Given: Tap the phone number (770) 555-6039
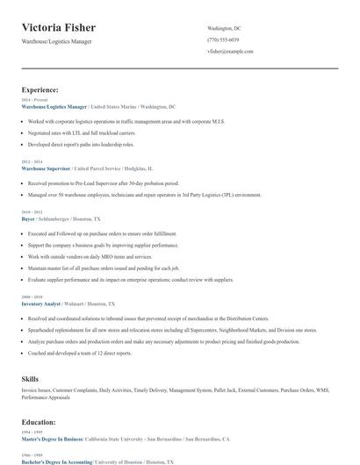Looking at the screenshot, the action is tap(223, 40).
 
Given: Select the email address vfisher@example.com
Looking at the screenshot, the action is tap(230, 52).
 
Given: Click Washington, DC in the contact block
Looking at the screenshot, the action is tap(224, 29).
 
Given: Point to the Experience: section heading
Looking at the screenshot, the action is tap(40, 89).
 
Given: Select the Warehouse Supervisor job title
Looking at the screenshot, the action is tap(47, 167).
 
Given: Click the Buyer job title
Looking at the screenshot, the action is tap(28, 218).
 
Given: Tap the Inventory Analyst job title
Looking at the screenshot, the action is tap(40, 303).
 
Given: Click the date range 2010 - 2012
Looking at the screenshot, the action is tap(31, 212).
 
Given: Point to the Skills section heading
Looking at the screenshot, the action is tap(30, 377).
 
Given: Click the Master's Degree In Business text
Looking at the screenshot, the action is tap(52, 438).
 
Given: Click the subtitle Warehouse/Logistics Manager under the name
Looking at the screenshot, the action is tap(56, 41).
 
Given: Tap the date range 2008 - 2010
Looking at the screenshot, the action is tap(31, 297).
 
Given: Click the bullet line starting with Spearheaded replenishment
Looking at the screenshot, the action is tap(176, 329).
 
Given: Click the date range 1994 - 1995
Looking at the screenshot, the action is tap(31, 433).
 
